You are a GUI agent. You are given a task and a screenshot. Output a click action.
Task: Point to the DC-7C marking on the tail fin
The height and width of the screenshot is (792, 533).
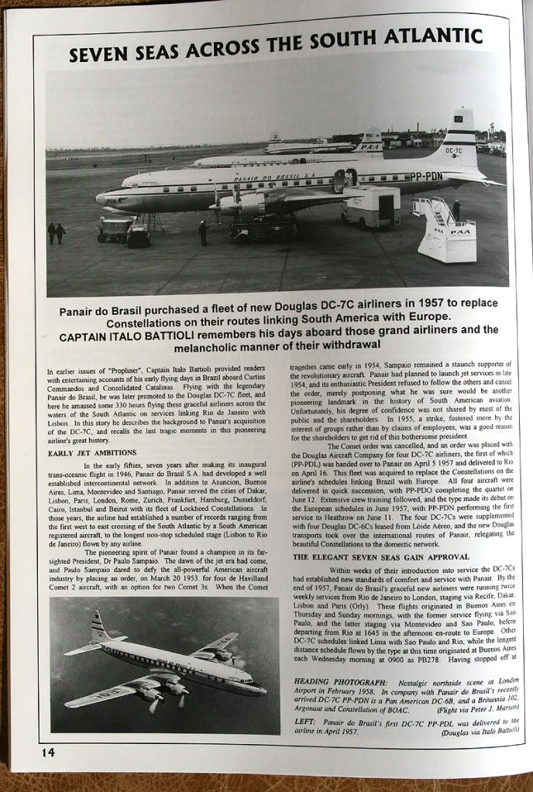(456, 151)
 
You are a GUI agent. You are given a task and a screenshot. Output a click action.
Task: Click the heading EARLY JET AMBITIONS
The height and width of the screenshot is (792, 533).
(92, 452)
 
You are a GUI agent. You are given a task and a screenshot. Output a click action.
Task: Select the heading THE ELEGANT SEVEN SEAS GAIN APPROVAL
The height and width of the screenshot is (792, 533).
(380, 557)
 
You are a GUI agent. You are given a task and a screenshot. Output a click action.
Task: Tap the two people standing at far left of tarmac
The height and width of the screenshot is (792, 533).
(56, 232)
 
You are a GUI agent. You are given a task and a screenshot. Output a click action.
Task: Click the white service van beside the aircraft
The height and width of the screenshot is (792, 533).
(371, 206)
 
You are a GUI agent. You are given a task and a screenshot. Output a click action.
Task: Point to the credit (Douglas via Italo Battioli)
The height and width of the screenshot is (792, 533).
(480, 732)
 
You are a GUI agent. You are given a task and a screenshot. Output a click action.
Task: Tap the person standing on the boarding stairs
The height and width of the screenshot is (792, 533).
(456, 209)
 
